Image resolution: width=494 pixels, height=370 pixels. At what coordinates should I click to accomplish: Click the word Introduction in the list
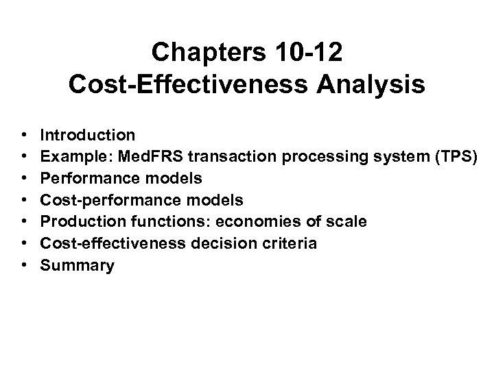[88, 134]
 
